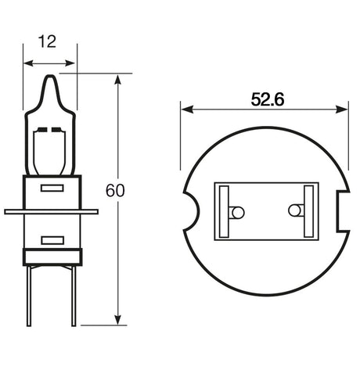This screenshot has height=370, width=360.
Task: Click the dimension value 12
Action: (x=50, y=41)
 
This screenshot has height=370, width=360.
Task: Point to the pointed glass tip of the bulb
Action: (x=50, y=78)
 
